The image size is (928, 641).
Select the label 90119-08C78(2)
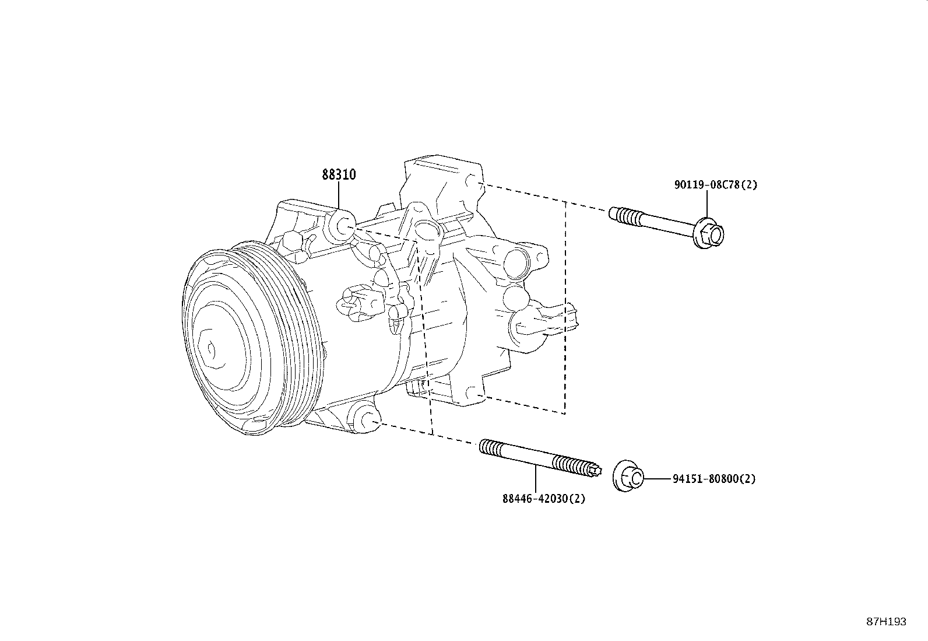[715, 185]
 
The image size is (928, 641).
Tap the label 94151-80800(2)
[713, 479]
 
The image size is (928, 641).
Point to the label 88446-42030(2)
[543, 499]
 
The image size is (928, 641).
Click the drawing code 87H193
[886, 622]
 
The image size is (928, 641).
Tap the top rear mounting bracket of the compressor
[443, 175]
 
